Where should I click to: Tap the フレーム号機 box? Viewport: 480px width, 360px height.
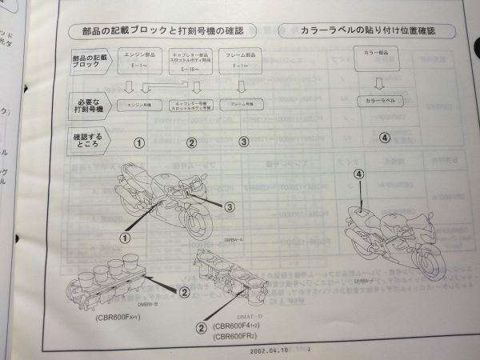pyautogui.click(x=242, y=105)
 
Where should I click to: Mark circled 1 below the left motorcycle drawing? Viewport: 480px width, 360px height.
pyautogui.click(x=125, y=237)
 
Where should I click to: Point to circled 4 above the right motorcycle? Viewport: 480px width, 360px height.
pyautogui.click(x=358, y=175)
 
